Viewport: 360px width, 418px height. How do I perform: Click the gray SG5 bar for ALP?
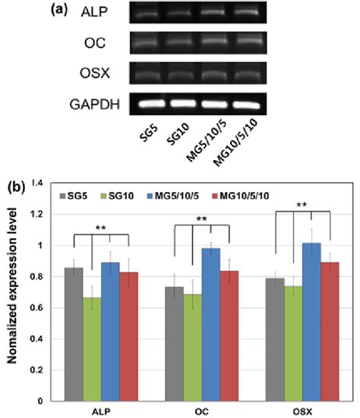[x=74, y=334]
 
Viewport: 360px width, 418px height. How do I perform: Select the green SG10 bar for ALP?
[x=93, y=349]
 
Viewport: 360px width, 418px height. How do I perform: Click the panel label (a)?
[x=61, y=12]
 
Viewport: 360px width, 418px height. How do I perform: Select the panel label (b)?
[x=14, y=184]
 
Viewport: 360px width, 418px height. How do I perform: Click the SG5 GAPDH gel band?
[x=147, y=102]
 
